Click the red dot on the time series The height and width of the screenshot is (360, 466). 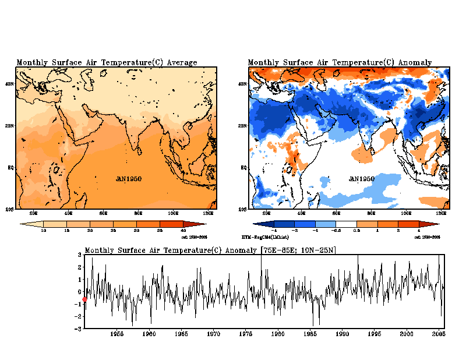[x=85, y=299]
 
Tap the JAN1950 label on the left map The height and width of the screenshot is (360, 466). [x=128, y=179]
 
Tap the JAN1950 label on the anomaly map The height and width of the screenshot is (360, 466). [x=362, y=179]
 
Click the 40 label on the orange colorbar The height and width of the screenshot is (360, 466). [x=183, y=231]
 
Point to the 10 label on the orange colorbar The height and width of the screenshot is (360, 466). [x=43, y=231]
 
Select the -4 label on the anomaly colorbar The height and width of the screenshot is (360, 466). [x=274, y=231]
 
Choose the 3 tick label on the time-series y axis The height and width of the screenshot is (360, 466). [x=80, y=255]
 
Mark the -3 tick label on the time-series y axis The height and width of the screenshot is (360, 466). [x=79, y=329]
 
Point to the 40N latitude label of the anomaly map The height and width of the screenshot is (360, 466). [x=242, y=84]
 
